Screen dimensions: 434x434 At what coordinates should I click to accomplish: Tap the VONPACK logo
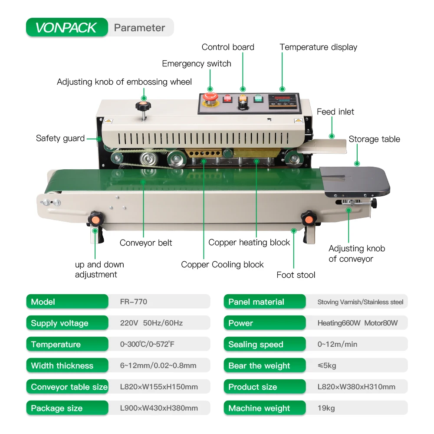[x=66, y=27]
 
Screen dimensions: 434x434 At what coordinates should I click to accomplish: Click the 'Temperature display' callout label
[x=318, y=47]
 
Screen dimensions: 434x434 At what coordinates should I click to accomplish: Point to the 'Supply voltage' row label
[x=59, y=323]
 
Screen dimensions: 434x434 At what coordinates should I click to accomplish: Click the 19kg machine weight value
[x=326, y=408]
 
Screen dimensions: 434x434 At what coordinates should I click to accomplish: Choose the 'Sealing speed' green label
[x=256, y=344]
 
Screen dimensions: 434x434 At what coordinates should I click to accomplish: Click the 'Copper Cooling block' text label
[x=222, y=264]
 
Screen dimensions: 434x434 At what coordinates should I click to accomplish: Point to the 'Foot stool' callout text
[x=296, y=275]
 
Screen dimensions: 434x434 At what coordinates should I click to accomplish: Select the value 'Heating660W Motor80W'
[x=357, y=323]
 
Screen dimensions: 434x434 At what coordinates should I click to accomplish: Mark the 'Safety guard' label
[x=60, y=138]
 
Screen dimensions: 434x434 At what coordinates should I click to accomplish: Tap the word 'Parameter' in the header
[x=139, y=28]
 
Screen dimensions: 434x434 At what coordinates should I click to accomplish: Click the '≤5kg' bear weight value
[x=327, y=365]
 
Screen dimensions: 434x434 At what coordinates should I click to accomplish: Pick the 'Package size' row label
[x=57, y=408]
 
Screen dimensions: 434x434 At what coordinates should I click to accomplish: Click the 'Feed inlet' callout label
[x=335, y=112]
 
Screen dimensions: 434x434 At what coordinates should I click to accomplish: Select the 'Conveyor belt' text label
[x=146, y=243]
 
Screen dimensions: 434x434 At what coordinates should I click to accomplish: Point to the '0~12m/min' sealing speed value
[x=337, y=344]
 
